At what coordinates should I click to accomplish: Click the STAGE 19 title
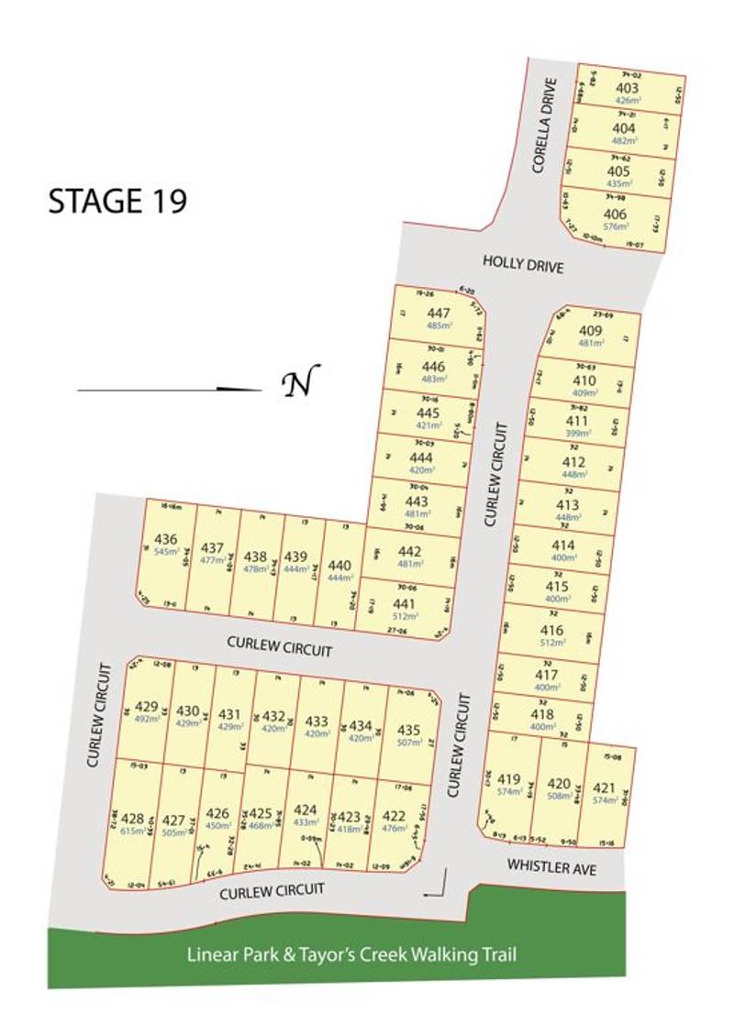coord(117,201)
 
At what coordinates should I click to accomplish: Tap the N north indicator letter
coord(300,382)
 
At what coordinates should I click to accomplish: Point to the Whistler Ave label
coord(553,866)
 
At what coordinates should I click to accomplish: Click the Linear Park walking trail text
coord(351,954)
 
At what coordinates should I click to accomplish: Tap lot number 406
coord(616,215)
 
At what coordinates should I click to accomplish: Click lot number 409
coord(591,332)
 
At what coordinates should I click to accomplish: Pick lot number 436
coord(167,539)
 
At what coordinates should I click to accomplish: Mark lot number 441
coord(404,603)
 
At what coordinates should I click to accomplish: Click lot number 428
coord(133,819)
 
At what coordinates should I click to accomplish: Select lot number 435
coord(409,731)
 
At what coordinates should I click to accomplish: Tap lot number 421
coord(603,787)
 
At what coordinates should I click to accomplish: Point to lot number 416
coord(552,631)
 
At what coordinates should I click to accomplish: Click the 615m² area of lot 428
coord(133,831)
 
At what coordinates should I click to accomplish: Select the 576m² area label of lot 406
coord(616,226)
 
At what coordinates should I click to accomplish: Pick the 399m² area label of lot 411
coord(576,433)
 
